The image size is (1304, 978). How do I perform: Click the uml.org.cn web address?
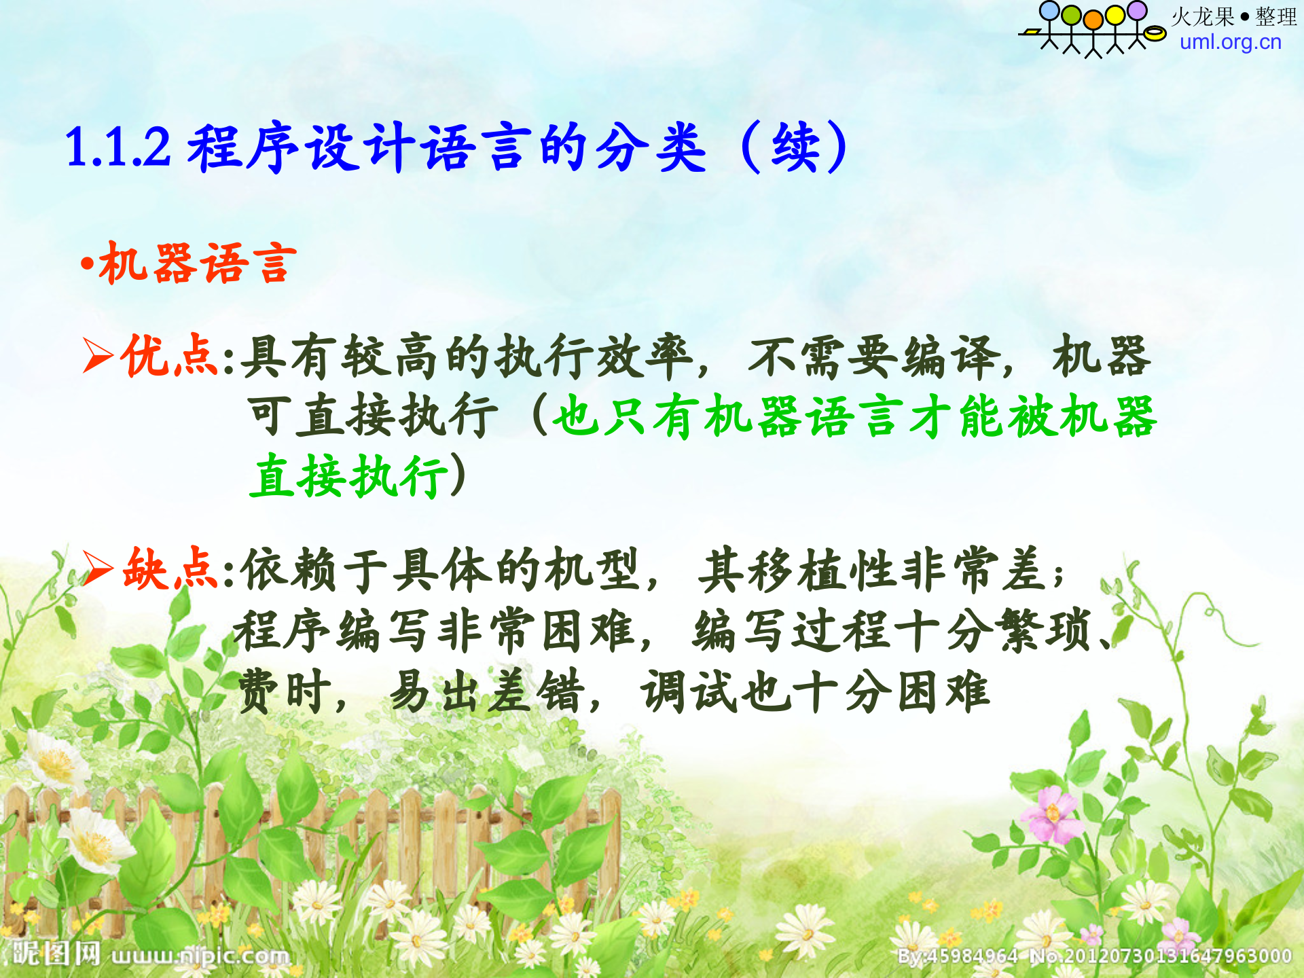[x=1230, y=42]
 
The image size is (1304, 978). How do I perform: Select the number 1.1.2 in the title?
[x=117, y=147]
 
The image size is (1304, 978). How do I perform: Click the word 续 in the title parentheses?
[x=795, y=147]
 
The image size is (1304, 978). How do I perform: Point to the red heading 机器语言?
[x=197, y=264]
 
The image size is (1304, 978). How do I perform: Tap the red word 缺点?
[x=170, y=569]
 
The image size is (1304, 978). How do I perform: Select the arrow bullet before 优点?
[x=97, y=356]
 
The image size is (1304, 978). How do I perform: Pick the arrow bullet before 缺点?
[x=97, y=569]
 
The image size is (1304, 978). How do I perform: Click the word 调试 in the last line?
[x=689, y=691]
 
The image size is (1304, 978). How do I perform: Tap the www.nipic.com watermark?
[x=201, y=956]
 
